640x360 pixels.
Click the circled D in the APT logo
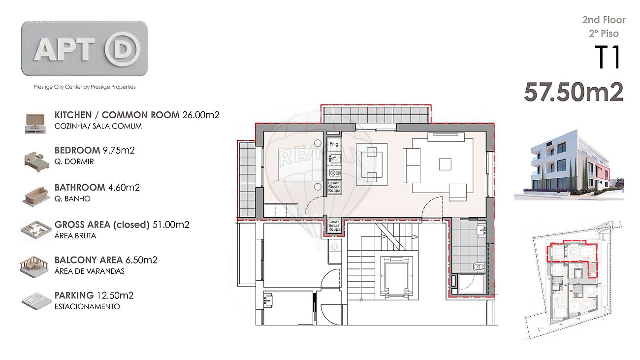point(122,49)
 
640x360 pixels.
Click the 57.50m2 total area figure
point(574,92)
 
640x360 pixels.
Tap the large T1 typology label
point(608,57)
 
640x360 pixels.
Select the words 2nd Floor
point(604,20)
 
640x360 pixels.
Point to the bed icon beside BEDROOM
point(36,162)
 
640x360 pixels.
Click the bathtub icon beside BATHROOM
point(36,196)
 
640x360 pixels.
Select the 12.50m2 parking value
point(115,295)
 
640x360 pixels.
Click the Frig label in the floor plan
point(334,144)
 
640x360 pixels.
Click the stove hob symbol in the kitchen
point(334,173)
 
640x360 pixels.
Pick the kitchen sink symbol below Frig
point(334,158)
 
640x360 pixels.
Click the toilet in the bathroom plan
point(479,267)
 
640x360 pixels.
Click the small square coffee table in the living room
point(445,164)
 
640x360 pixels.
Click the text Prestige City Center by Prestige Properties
point(85,87)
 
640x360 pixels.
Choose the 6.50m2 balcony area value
point(141,260)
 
